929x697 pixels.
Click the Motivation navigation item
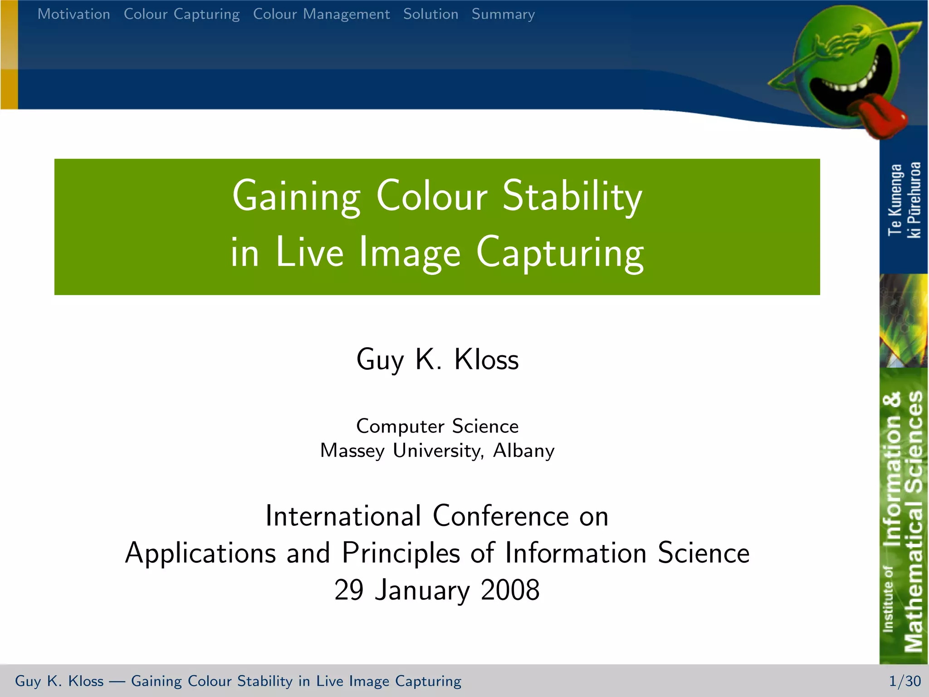(73, 14)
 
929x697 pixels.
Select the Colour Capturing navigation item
(181, 15)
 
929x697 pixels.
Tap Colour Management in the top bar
(321, 15)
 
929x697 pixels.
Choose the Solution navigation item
(430, 14)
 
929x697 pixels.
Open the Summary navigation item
(503, 15)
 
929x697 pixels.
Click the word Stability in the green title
(572, 196)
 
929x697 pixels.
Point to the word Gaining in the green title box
(296, 196)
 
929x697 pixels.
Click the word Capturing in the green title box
(560, 253)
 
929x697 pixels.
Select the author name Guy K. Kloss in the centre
(437, 359)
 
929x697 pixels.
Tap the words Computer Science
(437, 426)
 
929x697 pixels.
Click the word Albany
(523, 451)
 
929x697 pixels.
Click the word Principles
(401, 553)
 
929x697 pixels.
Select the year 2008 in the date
(510, 590)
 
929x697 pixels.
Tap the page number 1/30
(905, 681)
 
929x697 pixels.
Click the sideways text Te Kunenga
(895, 200)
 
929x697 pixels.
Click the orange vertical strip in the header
(9, 54)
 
